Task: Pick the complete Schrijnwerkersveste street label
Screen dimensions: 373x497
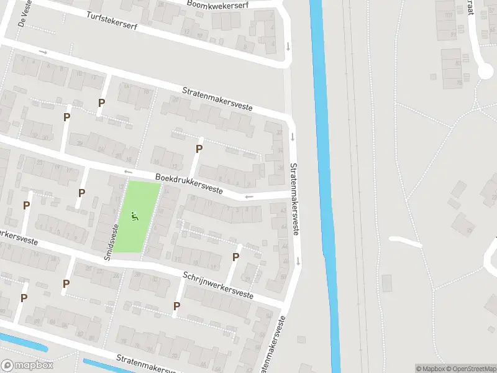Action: click(x=218, y=285)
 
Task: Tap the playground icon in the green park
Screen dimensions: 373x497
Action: click(x=134, y=217)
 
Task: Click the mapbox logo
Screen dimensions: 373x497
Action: click(x=27, y=366)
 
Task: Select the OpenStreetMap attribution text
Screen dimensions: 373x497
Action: click(x=466, y=369)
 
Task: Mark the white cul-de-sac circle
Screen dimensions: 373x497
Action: click(x=485, y=72)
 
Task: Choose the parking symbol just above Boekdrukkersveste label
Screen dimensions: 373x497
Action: click(x=199, y=149)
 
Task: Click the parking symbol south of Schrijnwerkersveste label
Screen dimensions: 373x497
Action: click(x=177, y=306)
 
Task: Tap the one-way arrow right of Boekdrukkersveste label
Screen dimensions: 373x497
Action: click(x=249, y=197)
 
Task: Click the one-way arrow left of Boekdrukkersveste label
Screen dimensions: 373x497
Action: click(x=129, y=172)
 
